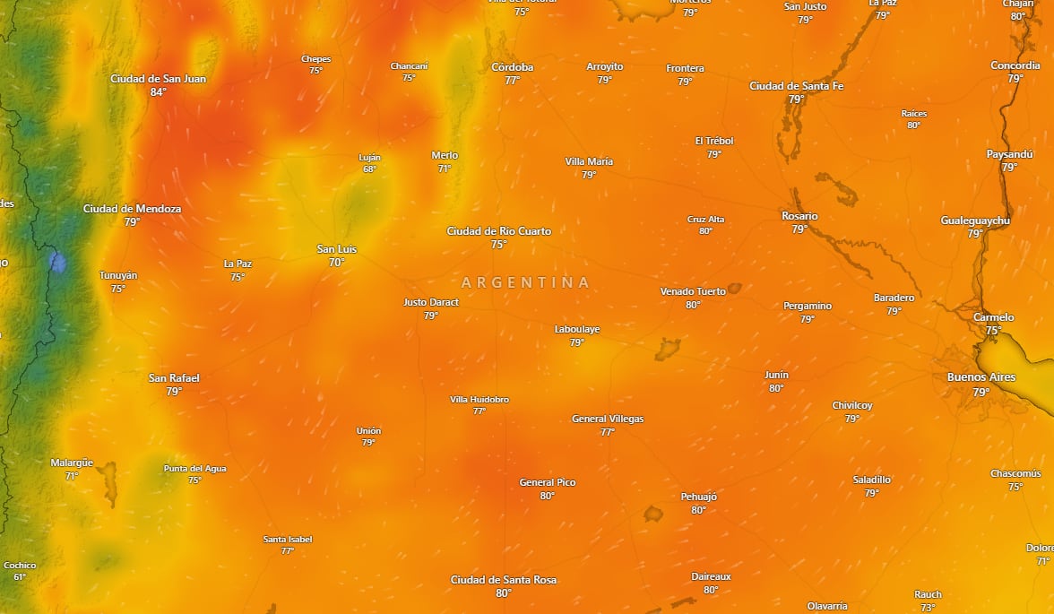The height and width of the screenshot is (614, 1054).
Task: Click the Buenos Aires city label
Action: [981, 377]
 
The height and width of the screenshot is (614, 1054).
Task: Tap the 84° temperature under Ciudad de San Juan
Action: [158, 92]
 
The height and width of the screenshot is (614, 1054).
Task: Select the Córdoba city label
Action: [512, 67]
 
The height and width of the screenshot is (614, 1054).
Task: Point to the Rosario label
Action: [799, 216]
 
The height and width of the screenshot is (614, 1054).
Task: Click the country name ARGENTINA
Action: [526, 282]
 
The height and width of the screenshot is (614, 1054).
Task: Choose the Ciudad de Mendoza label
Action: [132, 209]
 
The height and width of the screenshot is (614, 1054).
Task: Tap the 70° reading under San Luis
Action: [336, 263]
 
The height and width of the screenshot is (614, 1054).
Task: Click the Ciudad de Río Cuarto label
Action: [498, 231]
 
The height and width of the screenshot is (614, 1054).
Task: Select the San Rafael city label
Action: [174, 378]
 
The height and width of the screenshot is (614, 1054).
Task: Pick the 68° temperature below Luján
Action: [369, 169]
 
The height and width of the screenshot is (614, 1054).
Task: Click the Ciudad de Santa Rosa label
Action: [503, 580]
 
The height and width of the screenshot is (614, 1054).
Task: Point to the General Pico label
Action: [547, 482]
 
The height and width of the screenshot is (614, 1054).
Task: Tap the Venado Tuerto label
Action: [693, 291]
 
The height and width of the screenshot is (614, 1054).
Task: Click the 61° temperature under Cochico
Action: [20, 576]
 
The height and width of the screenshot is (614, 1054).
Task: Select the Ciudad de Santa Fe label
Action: [796, 86]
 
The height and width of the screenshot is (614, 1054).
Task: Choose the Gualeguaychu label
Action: [975, 221]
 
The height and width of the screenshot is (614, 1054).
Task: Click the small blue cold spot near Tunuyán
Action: [58, 263]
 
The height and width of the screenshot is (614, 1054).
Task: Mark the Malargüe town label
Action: [72, 463]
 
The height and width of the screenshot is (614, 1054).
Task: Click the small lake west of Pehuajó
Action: [653, 514]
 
